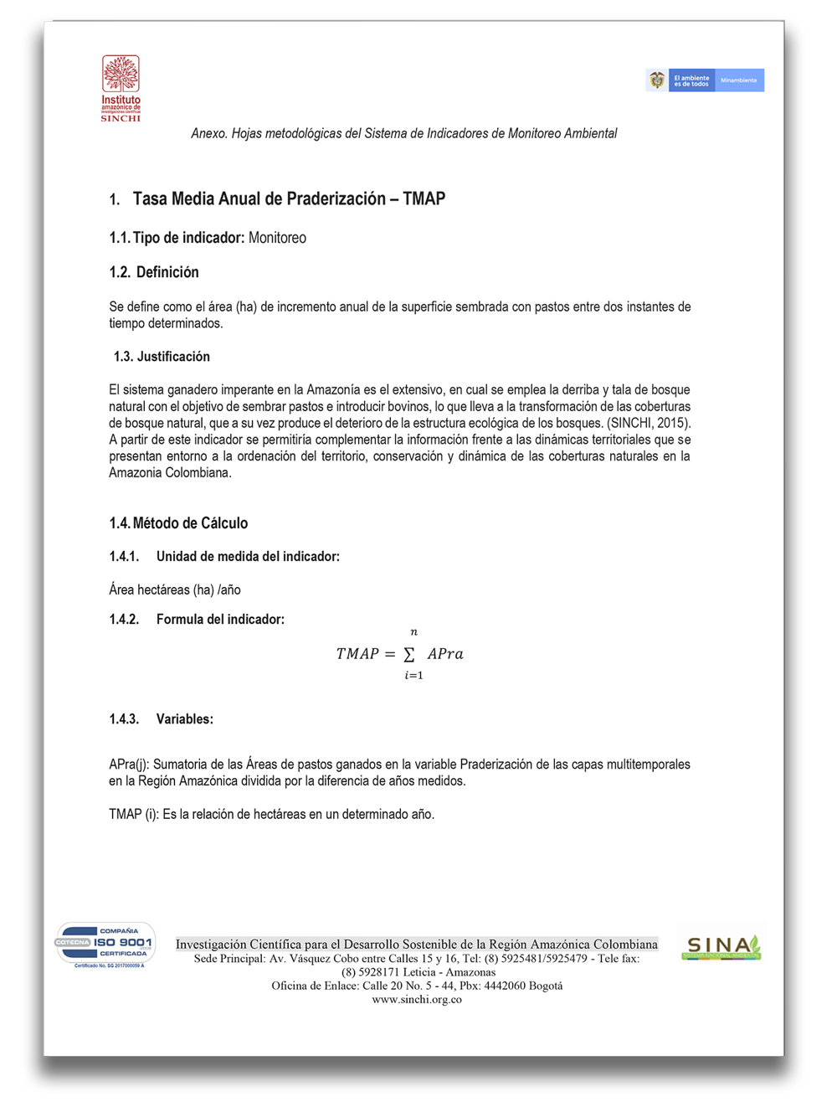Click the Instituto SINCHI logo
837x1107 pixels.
(x=121, y=88)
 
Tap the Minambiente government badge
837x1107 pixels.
(x=705, y=80)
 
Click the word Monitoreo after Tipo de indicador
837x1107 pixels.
(x=277, y=239)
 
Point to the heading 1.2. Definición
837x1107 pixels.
(x=154, y=273)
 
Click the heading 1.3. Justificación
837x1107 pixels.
(x=162, y=357)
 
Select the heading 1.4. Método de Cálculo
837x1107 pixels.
(x=178, y=523)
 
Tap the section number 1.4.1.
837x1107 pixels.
(x=124, y=557)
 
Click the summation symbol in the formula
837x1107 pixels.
(x=409, y=654)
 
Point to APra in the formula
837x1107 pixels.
(x=445, y=654)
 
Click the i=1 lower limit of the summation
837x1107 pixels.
(x=413, y=676)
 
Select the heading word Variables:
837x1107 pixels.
(x=185, y=719)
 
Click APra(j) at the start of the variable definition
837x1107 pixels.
(x=129, y=765)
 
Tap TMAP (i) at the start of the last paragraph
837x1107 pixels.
(x=133, y=815)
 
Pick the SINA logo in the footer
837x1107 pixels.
(x=721, y=947)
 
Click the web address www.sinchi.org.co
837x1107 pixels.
(x=417, y=1000)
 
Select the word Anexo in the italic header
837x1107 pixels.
(x=208, y=134)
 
